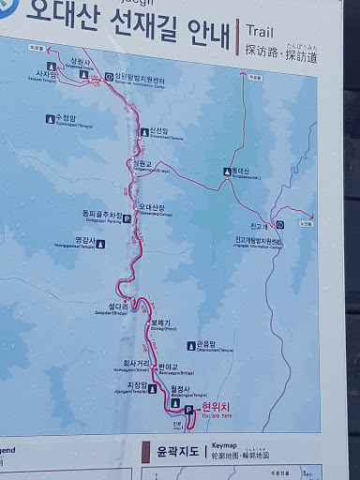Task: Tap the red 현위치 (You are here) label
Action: [x=215, y=409]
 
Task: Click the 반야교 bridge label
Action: [x=169, y=366]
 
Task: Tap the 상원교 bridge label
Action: [x=142, y=163]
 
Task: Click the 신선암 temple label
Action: [x=158, y=130]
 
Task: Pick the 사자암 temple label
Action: [x=47, y=72]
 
